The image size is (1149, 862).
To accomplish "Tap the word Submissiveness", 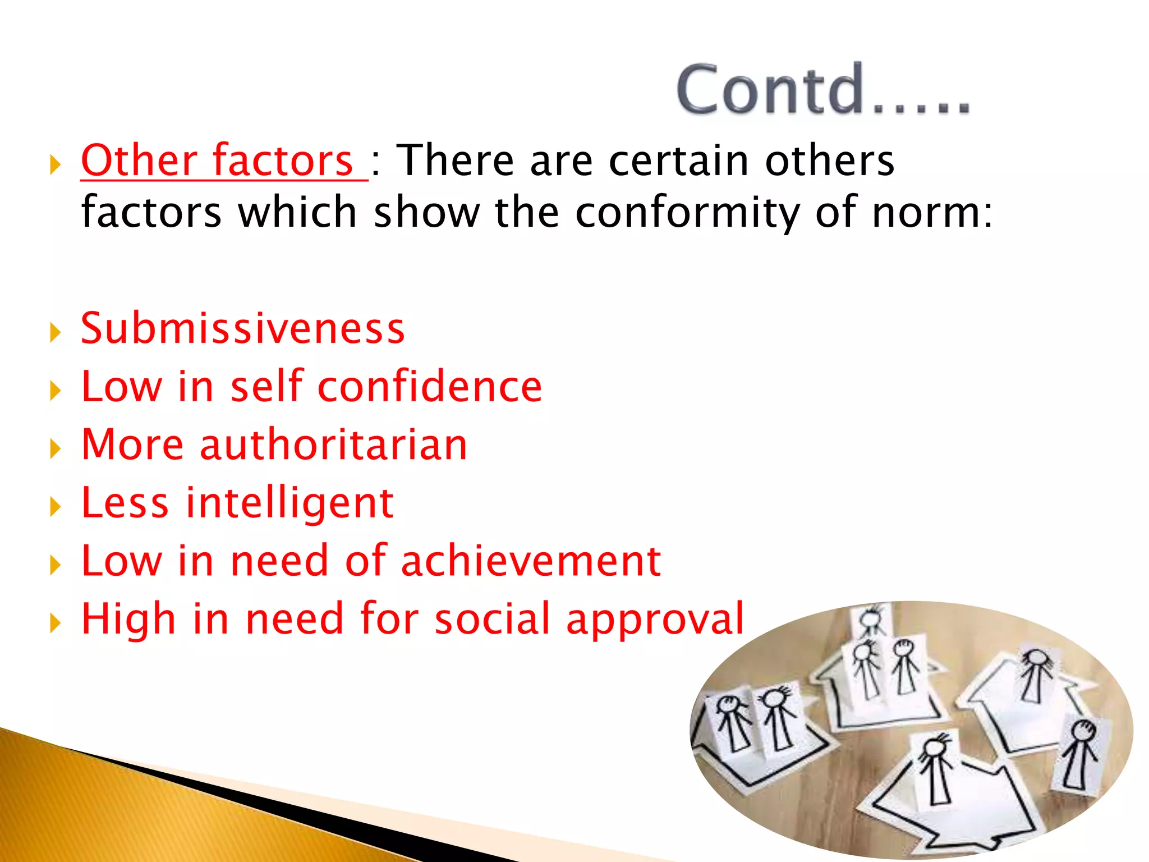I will [x=242, y=328].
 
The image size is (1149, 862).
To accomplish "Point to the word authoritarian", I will [x=333, y=444].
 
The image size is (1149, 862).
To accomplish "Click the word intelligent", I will [x=289, y=503].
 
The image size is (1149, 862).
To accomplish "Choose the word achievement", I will [x=531, y=561].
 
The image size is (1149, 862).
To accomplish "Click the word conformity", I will [x=687, y=213].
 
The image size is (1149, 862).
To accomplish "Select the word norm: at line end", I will [x=932, y=213].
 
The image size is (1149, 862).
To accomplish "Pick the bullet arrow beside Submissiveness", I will [x=55, y=332].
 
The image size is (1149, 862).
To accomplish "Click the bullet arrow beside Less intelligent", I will [x=55, y=507].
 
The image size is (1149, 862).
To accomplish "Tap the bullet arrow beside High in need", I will [x=55, y=623].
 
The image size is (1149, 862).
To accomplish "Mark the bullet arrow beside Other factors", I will [x=55, y=165].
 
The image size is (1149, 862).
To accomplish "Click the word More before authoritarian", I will [x=132, y=444].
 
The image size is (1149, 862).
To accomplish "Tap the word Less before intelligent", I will [x=125, y=503].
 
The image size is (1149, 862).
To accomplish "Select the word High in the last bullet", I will [x=128, y=620].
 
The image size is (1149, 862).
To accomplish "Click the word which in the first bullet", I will [x=297, y=213].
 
